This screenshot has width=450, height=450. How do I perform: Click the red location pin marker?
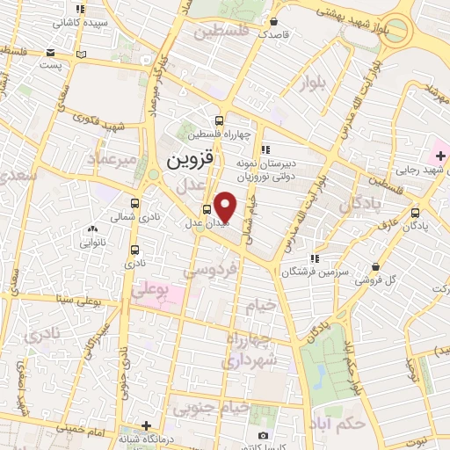click(x=225, y=207)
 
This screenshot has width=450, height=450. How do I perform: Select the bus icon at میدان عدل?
click(x=207, y=209)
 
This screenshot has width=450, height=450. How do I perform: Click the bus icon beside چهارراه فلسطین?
click(x=218, y=121)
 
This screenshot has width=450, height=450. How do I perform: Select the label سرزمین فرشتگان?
click(x=281, y=272)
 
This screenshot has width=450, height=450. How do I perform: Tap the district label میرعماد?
click(x=113, y=158)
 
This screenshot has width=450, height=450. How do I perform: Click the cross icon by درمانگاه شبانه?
click(x=146, y=425)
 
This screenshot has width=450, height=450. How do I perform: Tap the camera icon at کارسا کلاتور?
click(x=262, y=435)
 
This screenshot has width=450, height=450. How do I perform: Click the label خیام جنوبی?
click(x=210, y=407)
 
